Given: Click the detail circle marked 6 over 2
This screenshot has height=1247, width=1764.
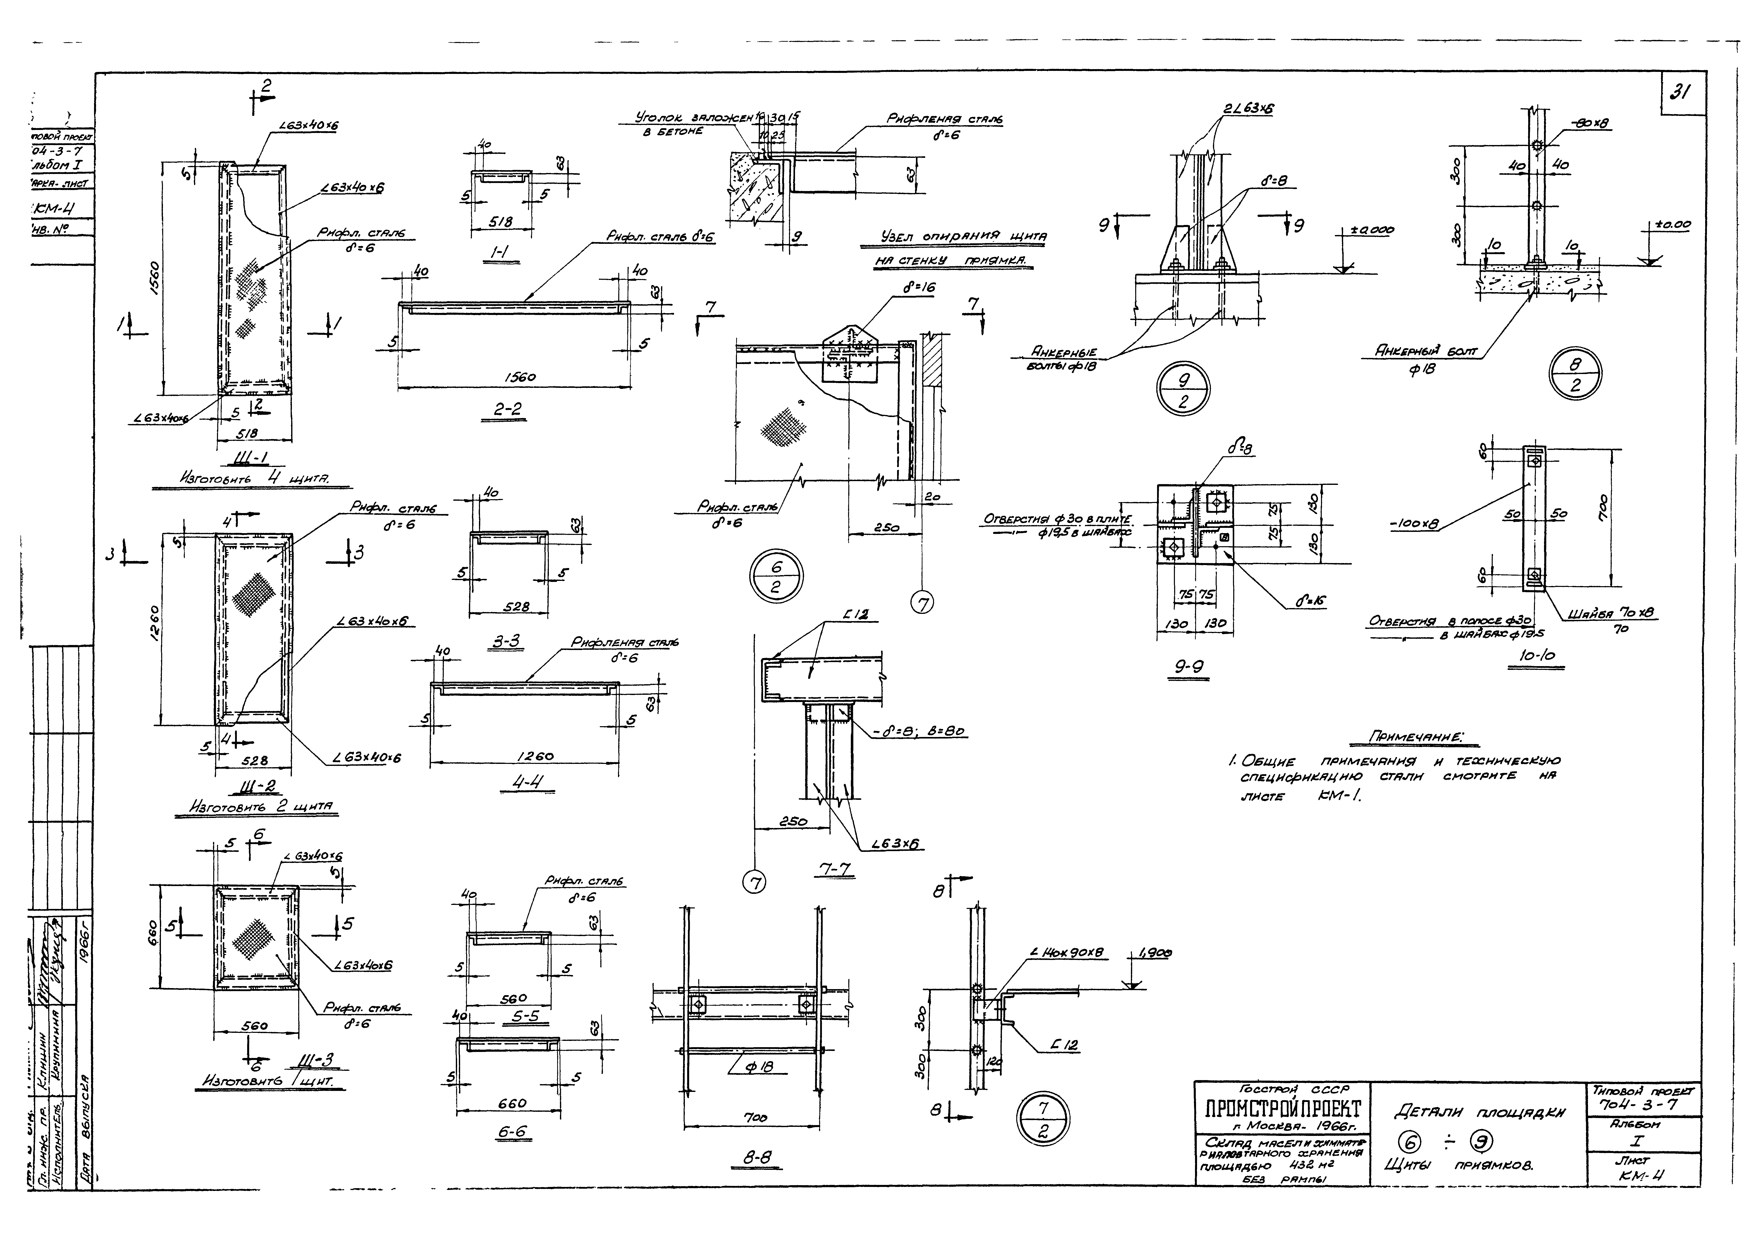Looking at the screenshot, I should tap(775, 577).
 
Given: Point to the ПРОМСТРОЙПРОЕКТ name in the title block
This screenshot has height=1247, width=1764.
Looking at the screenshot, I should tap(1278, 1109).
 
